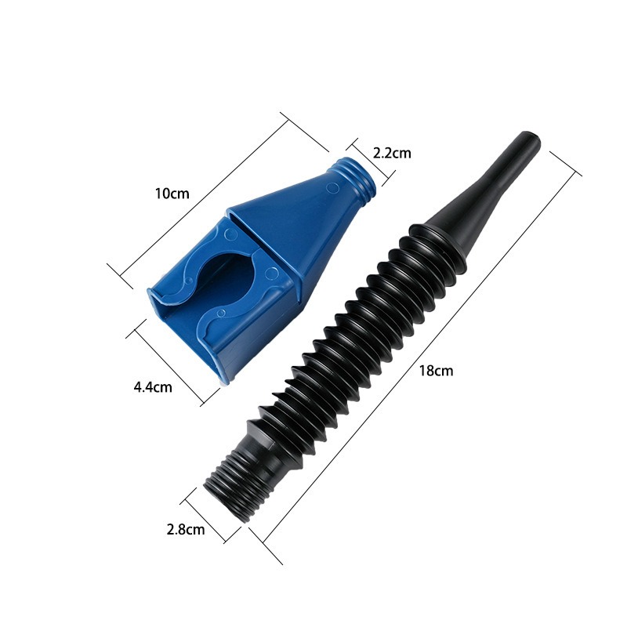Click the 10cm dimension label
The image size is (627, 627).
coord(172,193)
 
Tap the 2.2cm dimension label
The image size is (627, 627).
coord(391,154)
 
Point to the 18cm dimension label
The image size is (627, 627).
coord(437,371)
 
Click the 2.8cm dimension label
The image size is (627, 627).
coord(186,529)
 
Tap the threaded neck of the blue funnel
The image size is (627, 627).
coord(357,178)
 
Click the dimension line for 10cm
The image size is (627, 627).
coord(219,196)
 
